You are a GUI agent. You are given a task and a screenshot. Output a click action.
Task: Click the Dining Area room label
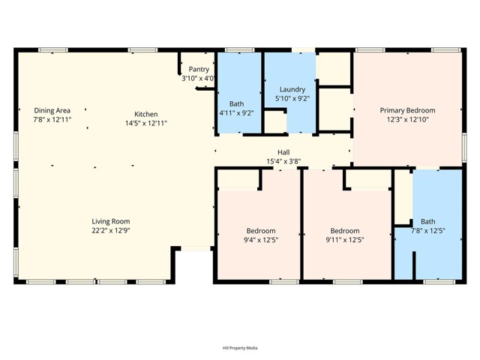coord(52,110)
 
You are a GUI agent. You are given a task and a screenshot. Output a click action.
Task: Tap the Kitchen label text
coord(145,114)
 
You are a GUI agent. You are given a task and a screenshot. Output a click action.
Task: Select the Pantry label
coord(199,69)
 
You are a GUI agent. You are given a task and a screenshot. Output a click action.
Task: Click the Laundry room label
coord(292,89)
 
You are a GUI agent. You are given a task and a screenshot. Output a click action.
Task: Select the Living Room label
coord(111,221)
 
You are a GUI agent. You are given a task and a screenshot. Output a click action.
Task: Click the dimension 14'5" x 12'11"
coord(145,123)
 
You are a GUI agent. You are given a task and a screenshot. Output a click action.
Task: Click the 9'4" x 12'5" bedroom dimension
coord(261,240)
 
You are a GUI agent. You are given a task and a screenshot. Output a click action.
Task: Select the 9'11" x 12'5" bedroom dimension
coord(345,240)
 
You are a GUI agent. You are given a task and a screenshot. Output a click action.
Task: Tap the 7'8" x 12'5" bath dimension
coord(427,230)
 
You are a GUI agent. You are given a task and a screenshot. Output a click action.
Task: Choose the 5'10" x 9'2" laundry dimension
coord(292,98)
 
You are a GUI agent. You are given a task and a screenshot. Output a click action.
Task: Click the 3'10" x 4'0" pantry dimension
coord(199,78)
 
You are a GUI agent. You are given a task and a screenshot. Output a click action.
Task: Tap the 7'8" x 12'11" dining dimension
coord(52,119)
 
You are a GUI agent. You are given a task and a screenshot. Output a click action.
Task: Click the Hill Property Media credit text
coord(240,347)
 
